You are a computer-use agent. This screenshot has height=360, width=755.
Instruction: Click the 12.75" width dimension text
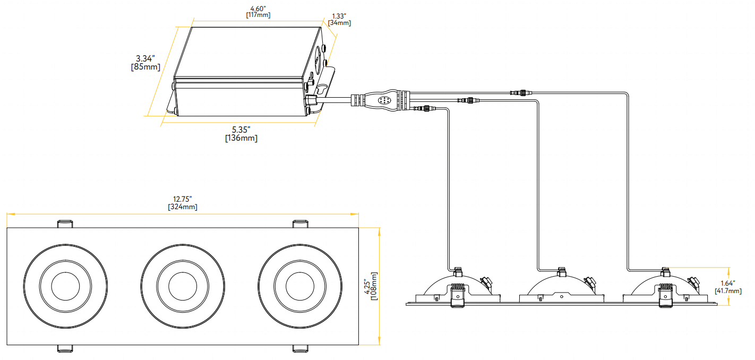point(182,199)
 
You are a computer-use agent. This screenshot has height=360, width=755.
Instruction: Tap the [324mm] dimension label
point(182,207)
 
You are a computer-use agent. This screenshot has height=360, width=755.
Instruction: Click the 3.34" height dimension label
point(145,58)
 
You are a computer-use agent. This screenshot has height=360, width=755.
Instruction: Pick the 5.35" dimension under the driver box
point(241,130)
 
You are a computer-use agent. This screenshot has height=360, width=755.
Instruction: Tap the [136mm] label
point(241,138)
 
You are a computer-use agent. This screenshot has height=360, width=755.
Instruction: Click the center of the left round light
point(66,286)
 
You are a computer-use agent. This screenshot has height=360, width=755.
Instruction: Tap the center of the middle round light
point(183,286)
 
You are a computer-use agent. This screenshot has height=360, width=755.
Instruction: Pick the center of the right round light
point(301,286)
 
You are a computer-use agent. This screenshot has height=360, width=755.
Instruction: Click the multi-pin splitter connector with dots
point(383,100)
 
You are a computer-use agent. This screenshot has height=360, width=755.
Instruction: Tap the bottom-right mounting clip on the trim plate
point(300,348)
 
